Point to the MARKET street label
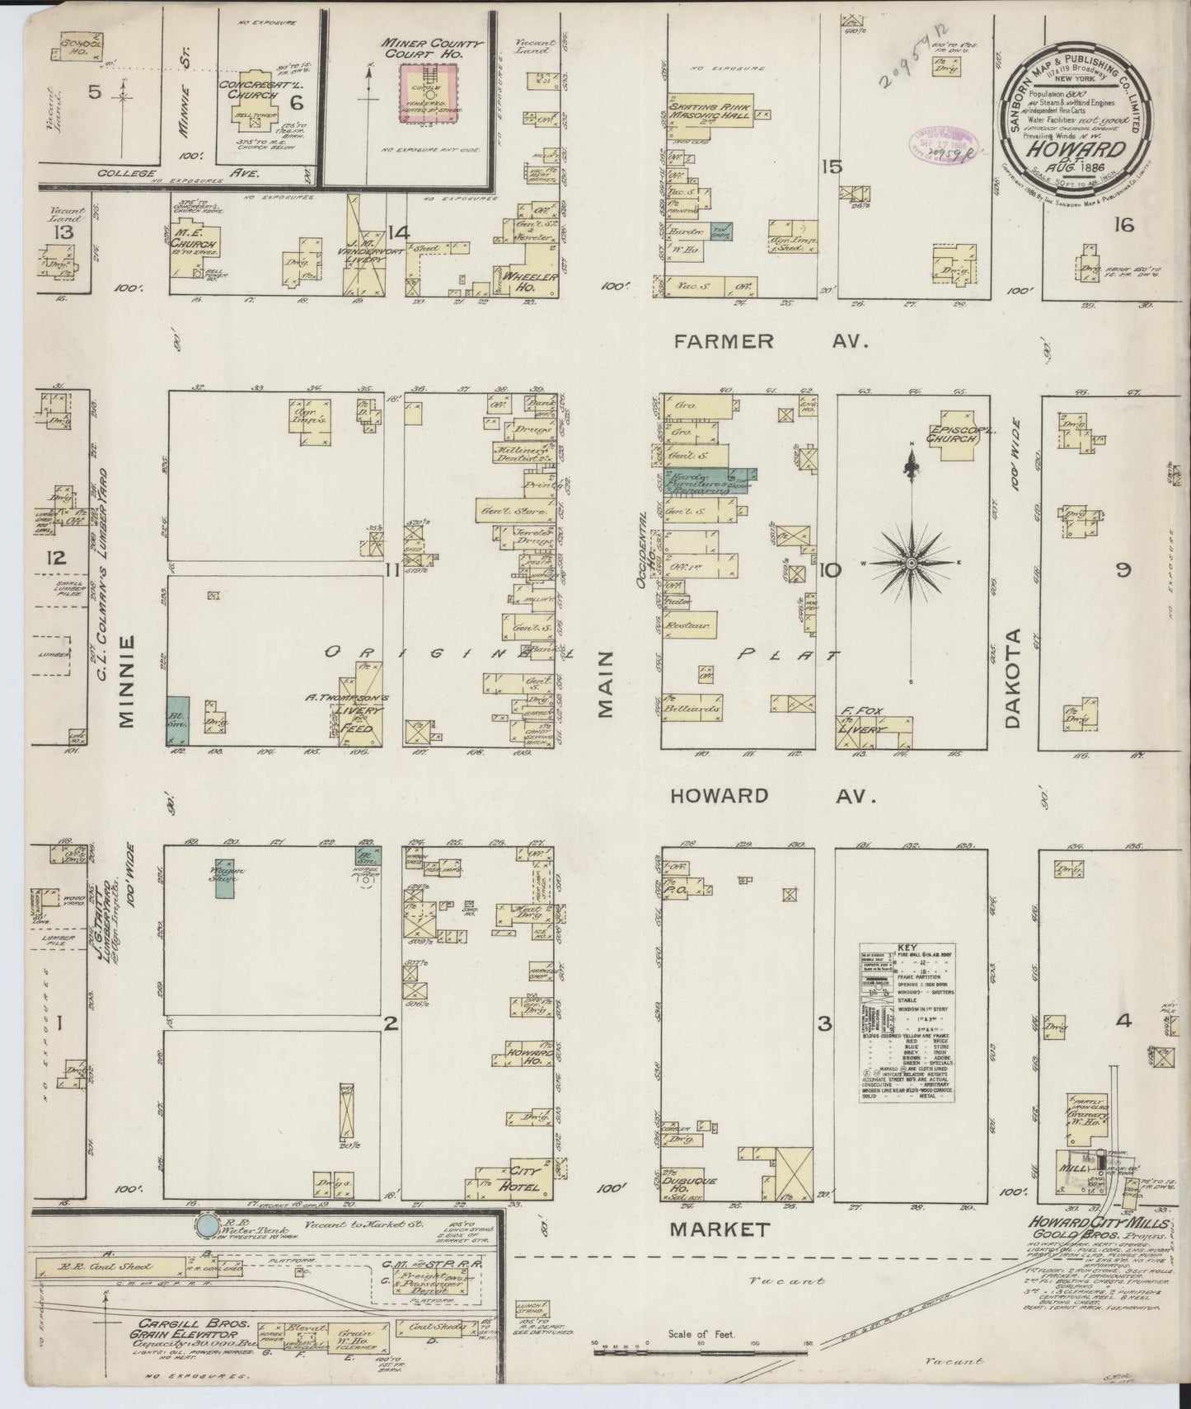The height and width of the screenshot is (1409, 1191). coord(720,1230)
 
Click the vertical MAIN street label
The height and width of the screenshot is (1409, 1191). coord(607,684)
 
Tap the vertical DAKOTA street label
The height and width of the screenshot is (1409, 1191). coord(1014,678)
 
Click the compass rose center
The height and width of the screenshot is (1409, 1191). coord(912,563)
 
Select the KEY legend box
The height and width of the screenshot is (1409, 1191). coord(907,1023)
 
